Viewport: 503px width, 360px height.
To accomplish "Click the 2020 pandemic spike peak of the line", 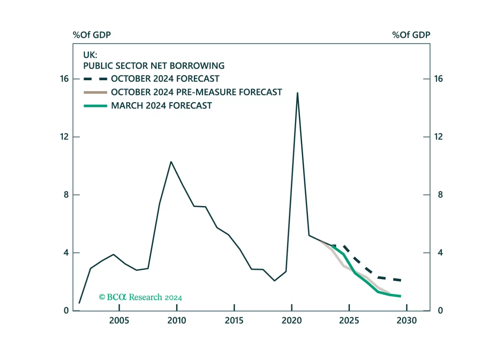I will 297,93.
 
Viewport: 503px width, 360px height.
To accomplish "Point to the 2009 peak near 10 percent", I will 171,162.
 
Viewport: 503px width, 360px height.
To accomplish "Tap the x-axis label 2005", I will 119,320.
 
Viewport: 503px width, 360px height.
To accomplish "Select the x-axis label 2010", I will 177,320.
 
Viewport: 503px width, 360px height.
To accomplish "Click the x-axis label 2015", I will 234,320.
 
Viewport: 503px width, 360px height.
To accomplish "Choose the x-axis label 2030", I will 407,320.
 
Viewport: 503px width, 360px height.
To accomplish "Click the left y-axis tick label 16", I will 64,79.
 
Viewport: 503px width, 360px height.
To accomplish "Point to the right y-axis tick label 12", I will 438,137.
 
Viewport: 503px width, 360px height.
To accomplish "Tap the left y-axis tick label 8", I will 66,195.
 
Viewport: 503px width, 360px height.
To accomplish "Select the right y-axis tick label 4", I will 440,252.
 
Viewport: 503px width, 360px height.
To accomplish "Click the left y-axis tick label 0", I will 66,311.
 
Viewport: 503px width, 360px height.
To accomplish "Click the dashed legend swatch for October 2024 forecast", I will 95,79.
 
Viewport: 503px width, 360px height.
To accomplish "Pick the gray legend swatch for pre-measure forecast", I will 95,92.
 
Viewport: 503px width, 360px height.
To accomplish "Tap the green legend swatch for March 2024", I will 95,106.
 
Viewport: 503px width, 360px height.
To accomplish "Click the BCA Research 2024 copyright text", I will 140,297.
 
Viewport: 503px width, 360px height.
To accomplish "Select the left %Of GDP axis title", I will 92,35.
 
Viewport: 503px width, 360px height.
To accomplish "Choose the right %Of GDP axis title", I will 411,35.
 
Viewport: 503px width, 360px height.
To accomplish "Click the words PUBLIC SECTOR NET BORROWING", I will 154,66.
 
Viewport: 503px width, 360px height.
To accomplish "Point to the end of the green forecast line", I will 400,296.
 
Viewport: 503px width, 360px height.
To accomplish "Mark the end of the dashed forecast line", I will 400,280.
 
